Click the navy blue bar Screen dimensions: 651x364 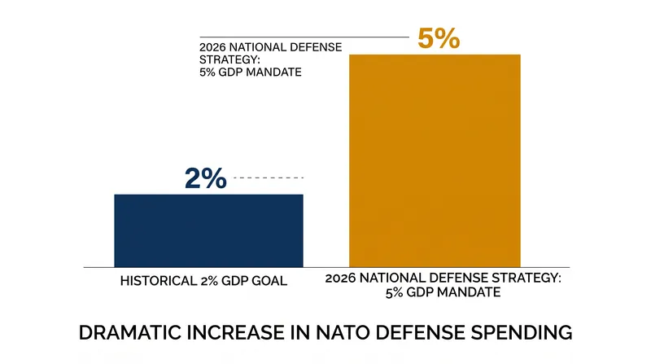tap(208, 230)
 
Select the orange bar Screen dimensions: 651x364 tap(435, 160)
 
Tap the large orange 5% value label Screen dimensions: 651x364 tap(439, 38)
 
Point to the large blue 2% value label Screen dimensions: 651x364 tap(206, 178)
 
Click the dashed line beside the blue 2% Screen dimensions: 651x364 tap(269, 178)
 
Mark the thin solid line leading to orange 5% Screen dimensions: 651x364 tap(304, 37)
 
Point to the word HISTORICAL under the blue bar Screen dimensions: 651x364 tap(159, 281)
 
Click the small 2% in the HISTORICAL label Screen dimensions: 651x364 tap(209, 281)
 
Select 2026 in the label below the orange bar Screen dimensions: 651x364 tap(340, 278)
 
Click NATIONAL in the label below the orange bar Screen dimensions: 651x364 tap(387, 278)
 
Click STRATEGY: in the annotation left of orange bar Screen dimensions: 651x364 tap(229, 59)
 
